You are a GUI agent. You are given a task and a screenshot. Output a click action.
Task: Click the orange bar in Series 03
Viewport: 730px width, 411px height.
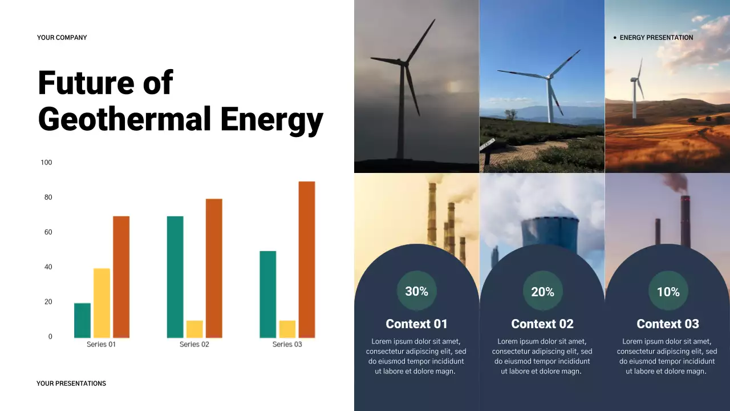[x=307, y=260]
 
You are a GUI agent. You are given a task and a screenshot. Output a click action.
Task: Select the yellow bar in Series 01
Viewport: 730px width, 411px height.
[x=102, y=303]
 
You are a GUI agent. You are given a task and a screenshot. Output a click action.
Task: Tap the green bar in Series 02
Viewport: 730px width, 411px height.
[x=175, y=277]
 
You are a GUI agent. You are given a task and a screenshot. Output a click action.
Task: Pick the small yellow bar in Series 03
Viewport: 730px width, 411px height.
[x=287, y=329]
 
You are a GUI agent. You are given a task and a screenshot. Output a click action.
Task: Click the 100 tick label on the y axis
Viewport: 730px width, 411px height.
[x=46, y=163]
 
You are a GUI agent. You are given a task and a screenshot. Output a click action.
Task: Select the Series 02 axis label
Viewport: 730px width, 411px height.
[x=194, y=344]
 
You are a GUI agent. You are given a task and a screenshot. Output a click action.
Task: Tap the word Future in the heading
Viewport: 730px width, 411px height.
[x=78, y=83]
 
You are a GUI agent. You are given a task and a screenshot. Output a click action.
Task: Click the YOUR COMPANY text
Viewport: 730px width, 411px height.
[x=62, y=38]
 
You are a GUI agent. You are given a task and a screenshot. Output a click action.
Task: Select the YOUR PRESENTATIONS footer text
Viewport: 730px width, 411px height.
[x=71, y=384]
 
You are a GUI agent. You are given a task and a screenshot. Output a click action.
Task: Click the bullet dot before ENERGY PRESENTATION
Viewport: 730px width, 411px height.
[x=615, y=38]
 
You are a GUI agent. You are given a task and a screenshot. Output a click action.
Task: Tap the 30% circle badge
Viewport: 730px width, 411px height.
[x=416, y=291]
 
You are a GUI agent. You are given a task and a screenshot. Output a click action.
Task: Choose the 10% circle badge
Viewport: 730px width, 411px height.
[x=668, y=292]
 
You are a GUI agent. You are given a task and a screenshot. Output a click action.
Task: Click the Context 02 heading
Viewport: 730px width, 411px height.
[x=542, y=324]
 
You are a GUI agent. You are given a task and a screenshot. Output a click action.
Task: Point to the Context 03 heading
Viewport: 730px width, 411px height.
[x=667, y=324]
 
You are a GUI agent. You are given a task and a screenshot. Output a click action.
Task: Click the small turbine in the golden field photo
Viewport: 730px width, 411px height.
[x=635, y=91]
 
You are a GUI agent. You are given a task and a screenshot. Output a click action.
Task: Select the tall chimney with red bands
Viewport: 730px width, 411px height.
[x=685, y=220]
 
